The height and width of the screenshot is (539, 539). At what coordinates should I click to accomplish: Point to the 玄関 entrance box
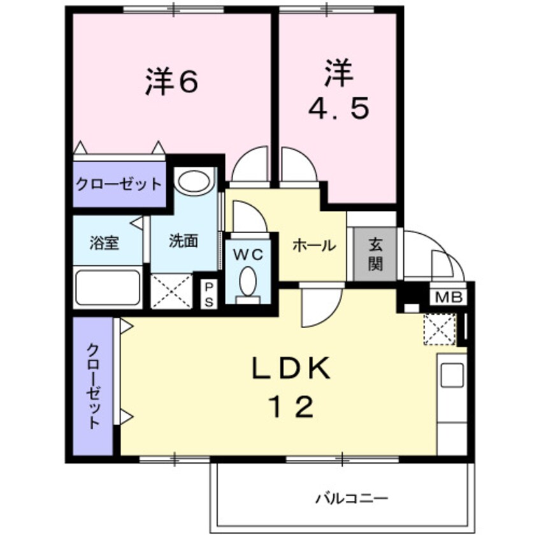coord(374,254)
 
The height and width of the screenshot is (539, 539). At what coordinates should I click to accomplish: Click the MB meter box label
coord(450,297)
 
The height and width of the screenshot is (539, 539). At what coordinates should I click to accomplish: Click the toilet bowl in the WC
coord(248,280)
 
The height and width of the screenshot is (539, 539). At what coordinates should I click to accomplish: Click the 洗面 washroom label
coord(183,241)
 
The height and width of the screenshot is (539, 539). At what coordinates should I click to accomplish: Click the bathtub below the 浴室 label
coord(107,288)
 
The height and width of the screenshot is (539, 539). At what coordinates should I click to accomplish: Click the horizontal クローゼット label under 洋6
coord(119,185)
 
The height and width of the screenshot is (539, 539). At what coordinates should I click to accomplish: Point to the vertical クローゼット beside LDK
coord(93,387)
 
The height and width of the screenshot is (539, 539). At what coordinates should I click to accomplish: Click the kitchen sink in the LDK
coord(452,373)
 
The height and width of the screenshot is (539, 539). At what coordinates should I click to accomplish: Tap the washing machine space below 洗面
coord(171,291)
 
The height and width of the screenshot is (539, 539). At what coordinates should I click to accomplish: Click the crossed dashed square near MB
coord(440,329)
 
